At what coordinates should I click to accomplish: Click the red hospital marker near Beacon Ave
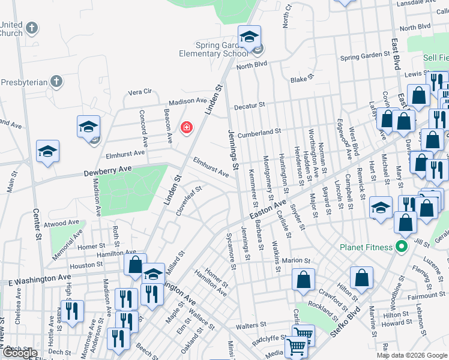(x=187, y=127)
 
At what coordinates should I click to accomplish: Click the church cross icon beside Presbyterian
(x=56, y=80)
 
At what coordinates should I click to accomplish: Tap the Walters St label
(x=251, y=325)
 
